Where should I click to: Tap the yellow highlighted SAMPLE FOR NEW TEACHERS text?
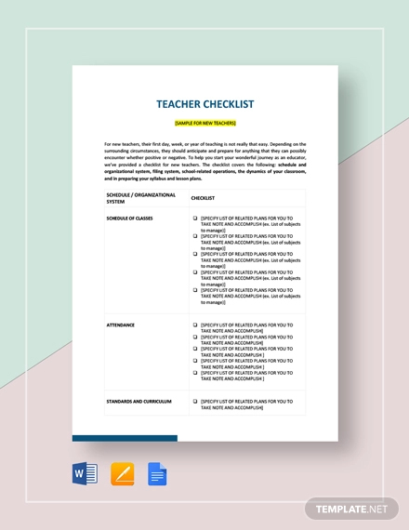204,123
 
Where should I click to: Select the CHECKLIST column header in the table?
203,198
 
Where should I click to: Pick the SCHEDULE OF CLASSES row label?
130,218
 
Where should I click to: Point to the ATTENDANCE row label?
121,325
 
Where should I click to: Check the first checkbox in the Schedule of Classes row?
195,218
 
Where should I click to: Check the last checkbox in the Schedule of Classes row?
195,289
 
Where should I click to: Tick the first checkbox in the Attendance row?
195,325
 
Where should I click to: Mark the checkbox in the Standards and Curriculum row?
195,400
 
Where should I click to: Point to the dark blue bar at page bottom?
125,438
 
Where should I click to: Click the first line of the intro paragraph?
204,144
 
